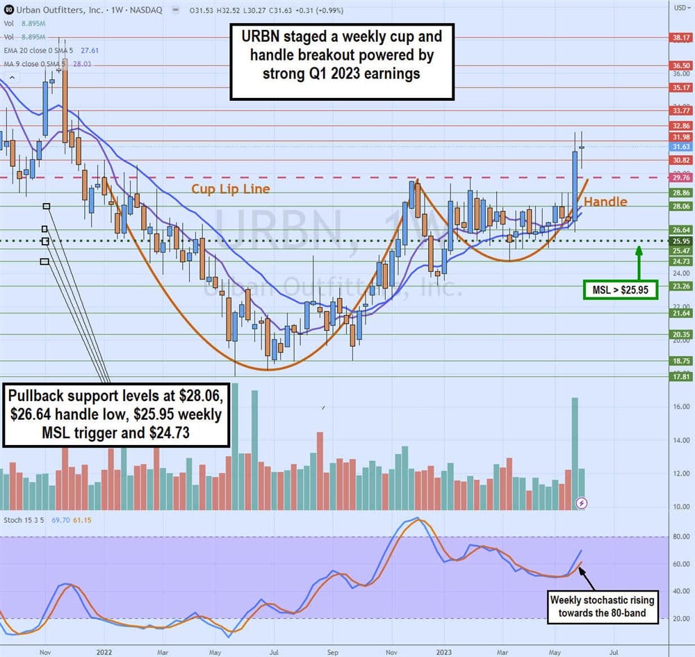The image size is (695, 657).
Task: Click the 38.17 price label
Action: coord(679,38)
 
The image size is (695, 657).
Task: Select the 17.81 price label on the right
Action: coord(679,376)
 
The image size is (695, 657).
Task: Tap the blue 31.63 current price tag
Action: coord(679,147)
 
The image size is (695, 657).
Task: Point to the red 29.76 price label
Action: coord(679,177)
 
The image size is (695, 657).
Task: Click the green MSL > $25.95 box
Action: coord(621,290)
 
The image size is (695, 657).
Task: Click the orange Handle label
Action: coord(605,202)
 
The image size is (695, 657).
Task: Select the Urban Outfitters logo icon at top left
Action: coord(8,8)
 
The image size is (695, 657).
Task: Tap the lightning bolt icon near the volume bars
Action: coord(582,503)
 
